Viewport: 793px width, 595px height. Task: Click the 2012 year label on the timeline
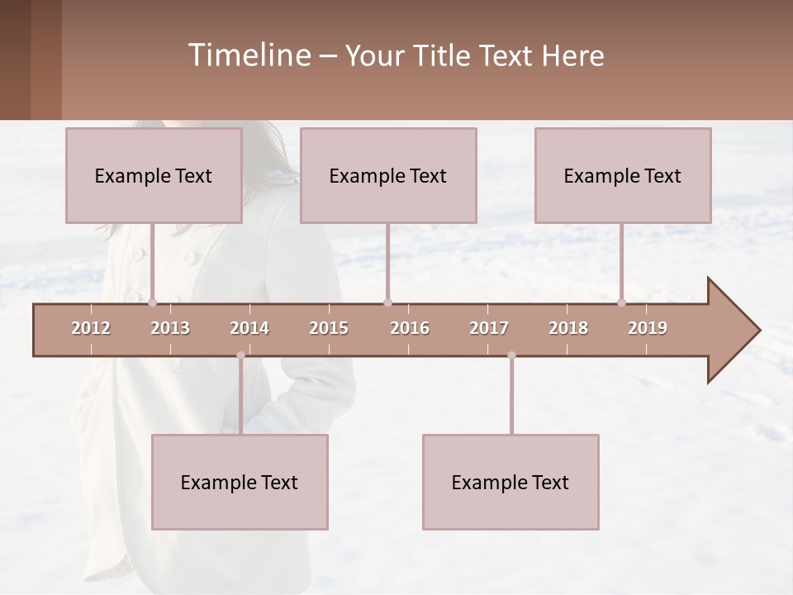click(x=91, y=328)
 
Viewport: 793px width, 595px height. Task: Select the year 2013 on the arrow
click(x=170, y=328)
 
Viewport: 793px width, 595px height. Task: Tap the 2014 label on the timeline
click(x=249, y=328)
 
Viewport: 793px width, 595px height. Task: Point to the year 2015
click(x=329, y=328)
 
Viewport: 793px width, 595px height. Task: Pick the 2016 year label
click(x=410, y=328)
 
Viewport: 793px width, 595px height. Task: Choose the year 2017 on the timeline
click(x=489, y=328)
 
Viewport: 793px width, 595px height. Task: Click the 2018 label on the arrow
click(x=568, y=328)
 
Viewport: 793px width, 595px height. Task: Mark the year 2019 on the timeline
click(x=648, y=328)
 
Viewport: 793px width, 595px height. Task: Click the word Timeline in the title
click(x=249, y=55)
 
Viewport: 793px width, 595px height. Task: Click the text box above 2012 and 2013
click(x=154, y=175)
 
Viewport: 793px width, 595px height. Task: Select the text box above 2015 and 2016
click(x=388, y=175)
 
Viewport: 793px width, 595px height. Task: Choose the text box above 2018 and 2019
click(x=623, y=175)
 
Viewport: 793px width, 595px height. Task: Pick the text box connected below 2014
click(x=240, y=482)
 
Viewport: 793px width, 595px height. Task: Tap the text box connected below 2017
click(x=510, y=482)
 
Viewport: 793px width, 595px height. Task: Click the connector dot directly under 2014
click(x=240, y=355)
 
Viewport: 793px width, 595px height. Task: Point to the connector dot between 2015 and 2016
click(x=388, y=303)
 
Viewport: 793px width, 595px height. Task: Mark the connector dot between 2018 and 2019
click(x=622, y=303)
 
